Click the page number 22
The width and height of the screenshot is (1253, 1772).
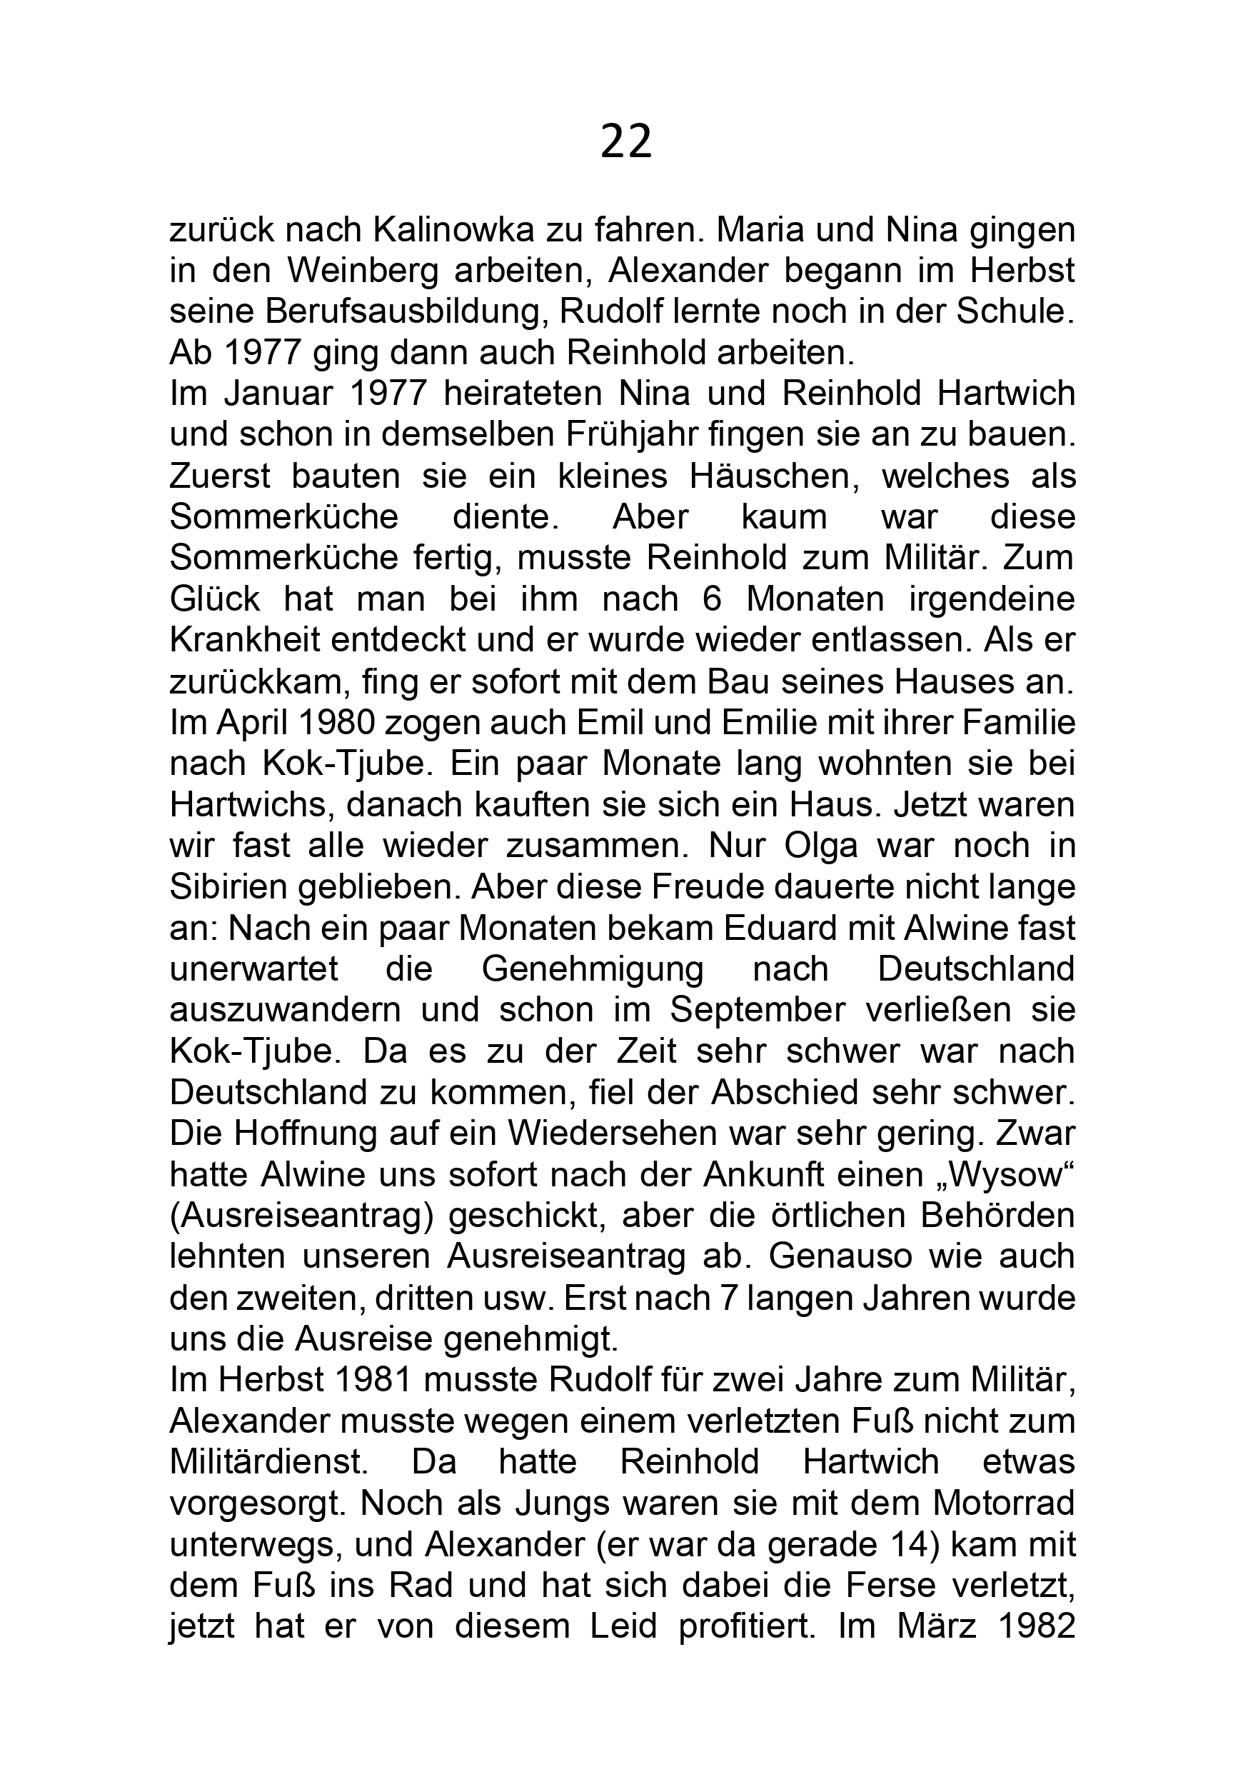point(625,142)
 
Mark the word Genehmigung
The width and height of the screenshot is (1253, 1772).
point(593,968)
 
